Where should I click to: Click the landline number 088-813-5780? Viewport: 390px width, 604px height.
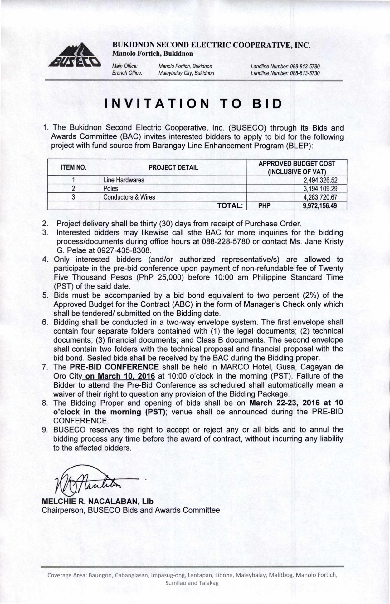305,67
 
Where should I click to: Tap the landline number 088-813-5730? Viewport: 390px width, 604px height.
305,73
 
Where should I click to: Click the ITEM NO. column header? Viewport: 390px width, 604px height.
74,167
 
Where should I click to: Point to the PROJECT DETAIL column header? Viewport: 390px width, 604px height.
173,167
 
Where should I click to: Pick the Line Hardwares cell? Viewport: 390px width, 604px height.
124,180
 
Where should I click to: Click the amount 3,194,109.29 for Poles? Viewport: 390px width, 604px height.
320,189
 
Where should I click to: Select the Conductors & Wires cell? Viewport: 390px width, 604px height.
129,197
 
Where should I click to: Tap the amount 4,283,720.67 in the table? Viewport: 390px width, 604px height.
320,197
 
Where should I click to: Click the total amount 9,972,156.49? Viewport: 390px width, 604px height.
320,206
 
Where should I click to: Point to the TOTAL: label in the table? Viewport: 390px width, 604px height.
230,206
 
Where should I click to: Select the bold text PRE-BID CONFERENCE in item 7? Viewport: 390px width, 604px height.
114,367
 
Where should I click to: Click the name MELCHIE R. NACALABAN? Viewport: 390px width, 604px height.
90,501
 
